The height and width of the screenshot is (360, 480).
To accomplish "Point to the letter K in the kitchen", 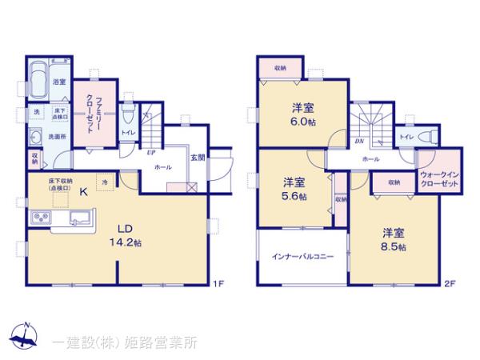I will pyautogui.click(x=61, y=192).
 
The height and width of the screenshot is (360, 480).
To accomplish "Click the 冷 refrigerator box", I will pyautogui.click(x=105, y=182).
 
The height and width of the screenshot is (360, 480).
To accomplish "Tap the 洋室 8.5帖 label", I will pyautogui.click(x=393, y=239).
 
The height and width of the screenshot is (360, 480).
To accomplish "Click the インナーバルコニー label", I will pyautogui.click(x=302, y=257).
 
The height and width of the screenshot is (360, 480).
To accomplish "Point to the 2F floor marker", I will pyautogui.click(x=450, y=284).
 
